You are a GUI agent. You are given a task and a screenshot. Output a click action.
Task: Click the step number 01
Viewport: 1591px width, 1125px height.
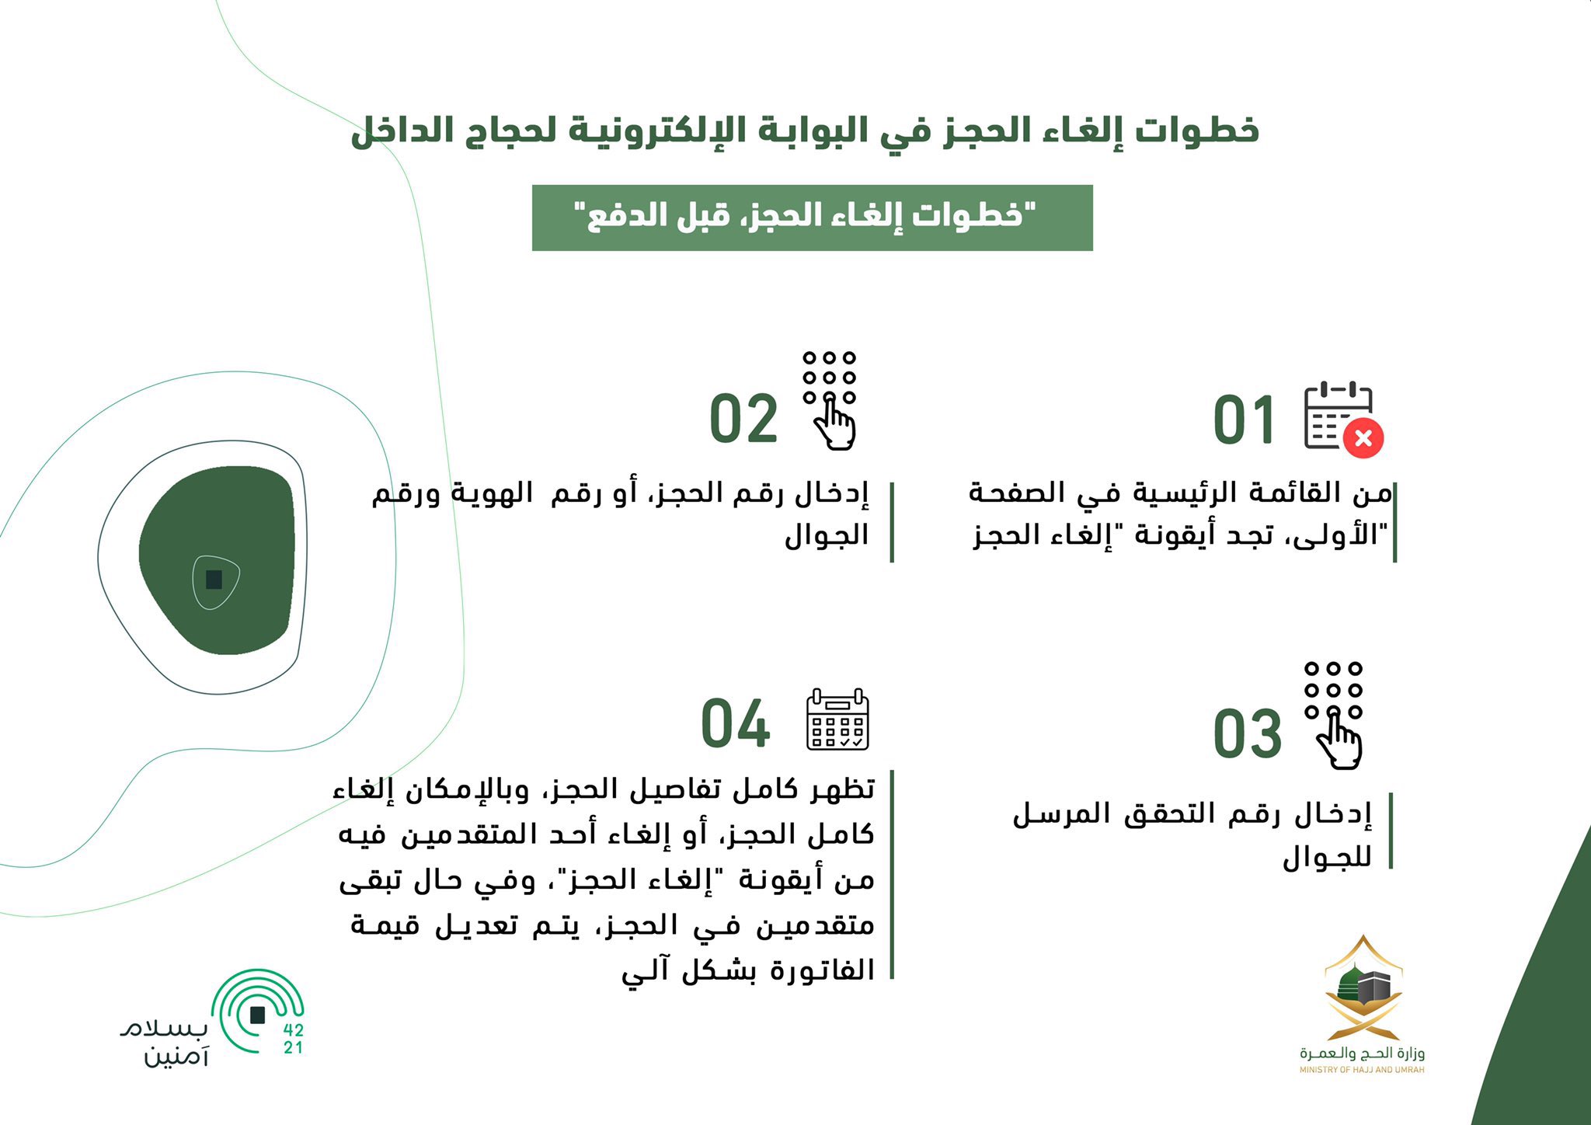pyautogui.click(x=1244, y=420)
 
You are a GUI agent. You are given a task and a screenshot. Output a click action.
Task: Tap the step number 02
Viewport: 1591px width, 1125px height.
pyautogui.click(x=743, y=420)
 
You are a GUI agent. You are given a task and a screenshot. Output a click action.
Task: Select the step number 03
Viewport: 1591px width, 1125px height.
pyautogui.click(x=1247, y=734)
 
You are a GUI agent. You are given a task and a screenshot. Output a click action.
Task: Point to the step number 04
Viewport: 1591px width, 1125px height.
pyautogui.click(x=736, y=724)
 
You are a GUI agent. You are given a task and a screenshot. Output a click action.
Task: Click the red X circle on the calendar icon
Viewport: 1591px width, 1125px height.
pyautogui.click(x=1363, y=438)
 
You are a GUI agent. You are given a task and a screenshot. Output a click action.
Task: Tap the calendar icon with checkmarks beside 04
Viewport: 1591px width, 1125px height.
pyautogui.click(x=837, y=719)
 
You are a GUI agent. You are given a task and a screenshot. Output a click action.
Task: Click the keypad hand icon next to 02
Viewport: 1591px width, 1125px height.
pyautogui.click(x=830, y=400)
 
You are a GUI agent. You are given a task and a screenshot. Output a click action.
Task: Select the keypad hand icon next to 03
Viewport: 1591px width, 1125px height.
pyautogui.click(x=1334, y=716)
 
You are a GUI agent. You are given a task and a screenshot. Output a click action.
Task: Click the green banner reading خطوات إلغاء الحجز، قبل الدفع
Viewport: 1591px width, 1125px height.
pyautogui.click(x=812, y=218)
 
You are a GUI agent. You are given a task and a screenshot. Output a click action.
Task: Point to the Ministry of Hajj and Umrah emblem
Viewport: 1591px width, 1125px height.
pyautogui.click(x=1363, y=988)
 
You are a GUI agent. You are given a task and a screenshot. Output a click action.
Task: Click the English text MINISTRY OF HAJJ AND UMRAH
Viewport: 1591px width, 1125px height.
pyautogui.click(x=1363, y=1070)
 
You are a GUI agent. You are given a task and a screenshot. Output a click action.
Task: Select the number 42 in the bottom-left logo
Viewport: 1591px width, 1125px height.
pyautogui.click(x=294, y=1030)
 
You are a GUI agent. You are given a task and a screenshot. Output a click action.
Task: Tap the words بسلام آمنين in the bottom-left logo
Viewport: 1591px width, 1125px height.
pyautogui.click(x=165, y=1043)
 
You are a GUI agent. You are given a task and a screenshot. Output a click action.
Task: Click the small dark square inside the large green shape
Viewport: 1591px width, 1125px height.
pyautogui.click(x=214, y=580)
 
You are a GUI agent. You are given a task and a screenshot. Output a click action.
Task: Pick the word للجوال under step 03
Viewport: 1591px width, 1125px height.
pyautogui.click(x=1327, y=858)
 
